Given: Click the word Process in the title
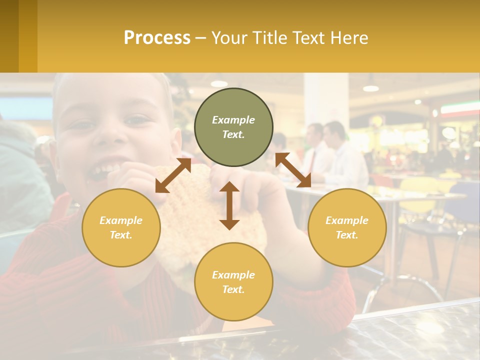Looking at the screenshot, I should (157, 38).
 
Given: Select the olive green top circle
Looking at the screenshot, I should (233, 127).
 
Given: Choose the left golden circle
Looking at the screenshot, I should (121, 227).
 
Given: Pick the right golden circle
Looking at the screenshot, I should (347, 227).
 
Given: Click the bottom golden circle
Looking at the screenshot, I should (233, 282).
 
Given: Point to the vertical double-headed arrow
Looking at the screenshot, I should (229, 205).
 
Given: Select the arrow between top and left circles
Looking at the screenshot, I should (173, 175).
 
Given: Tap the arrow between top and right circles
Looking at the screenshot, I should (293, 170).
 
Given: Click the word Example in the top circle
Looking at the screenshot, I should (233, 120).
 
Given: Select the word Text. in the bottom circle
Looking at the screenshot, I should (233, 289).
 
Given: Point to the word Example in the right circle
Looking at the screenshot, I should (347, 220).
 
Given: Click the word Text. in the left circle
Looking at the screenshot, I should (121, 235).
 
